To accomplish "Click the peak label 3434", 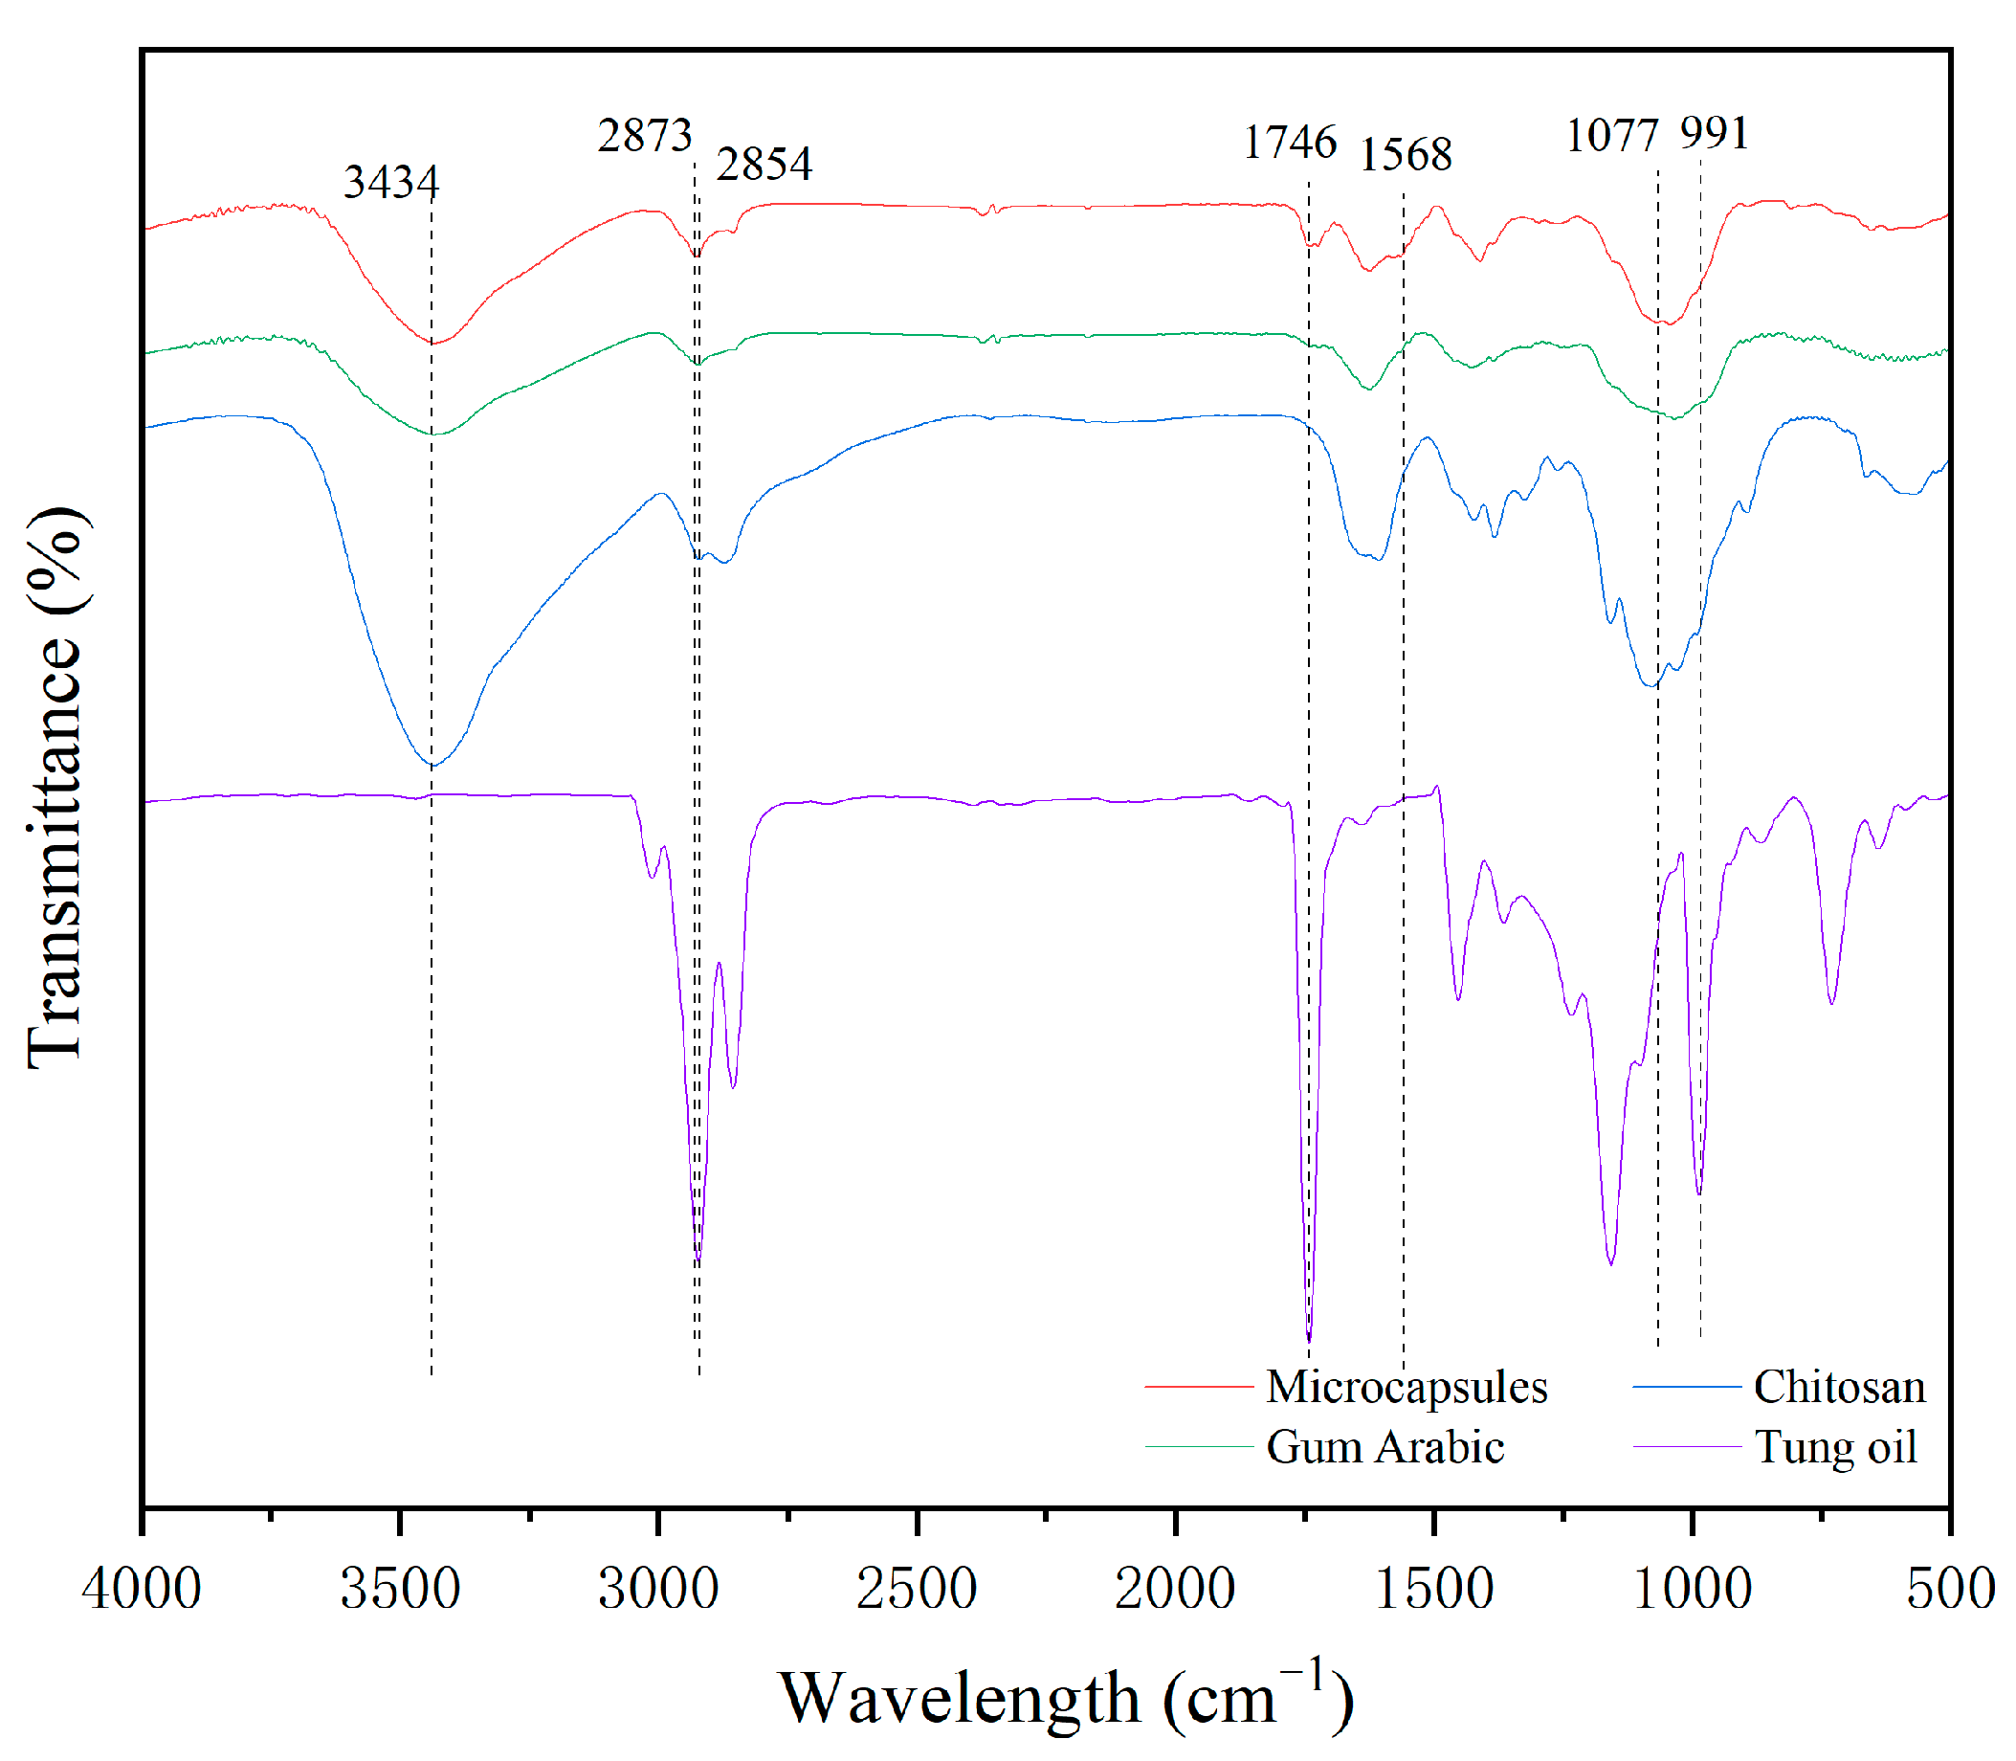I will pos(391,182).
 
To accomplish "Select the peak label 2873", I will pos(645,135).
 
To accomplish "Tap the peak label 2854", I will pos(764,163).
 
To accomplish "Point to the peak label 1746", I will pos(1290,143).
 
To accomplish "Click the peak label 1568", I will pos(1405,154).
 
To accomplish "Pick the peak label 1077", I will pos(1611,136).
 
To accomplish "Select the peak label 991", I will pos(1715,133).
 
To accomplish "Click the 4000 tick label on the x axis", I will pos(142,1589).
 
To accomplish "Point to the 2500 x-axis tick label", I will pos(917,1589).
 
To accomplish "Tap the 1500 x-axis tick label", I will pos(1434,1589).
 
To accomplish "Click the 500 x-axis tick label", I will pos(1950,1589).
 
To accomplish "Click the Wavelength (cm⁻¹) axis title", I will pos(1066,1698).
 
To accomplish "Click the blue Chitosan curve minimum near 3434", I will pos(432,766).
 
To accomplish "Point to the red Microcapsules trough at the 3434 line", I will pos(432,343).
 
